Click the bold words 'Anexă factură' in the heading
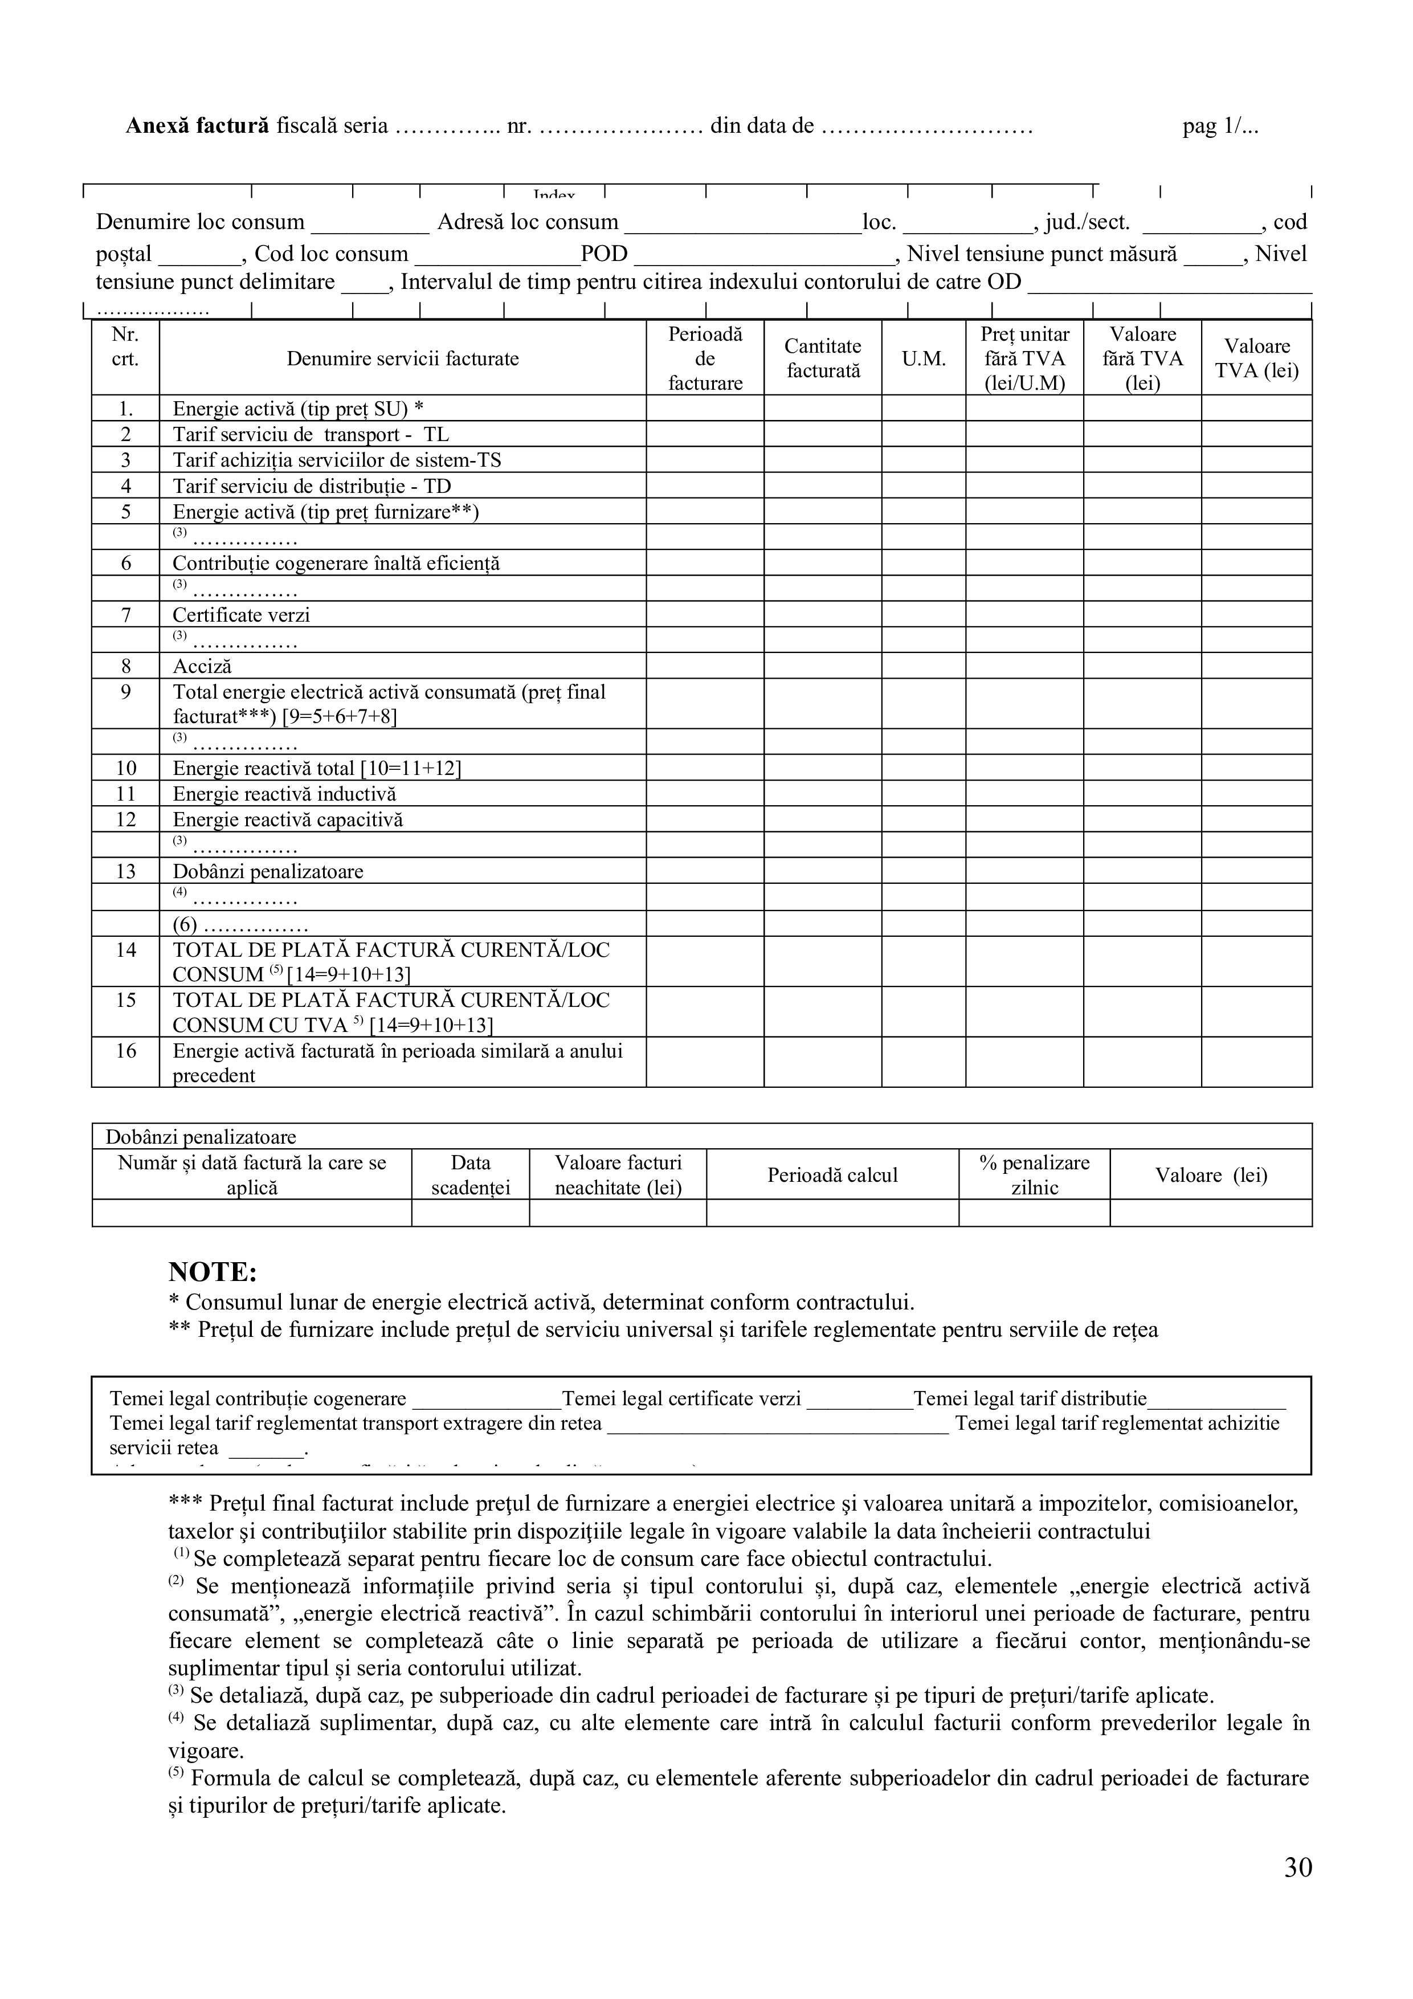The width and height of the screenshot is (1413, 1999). (198, 127)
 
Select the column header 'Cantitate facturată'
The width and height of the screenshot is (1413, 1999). (823, 358)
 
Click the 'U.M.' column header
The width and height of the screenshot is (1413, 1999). (923, 358)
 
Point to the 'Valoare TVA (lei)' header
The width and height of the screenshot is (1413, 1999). (1256, 358)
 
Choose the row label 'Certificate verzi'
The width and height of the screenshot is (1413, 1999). (241, 615)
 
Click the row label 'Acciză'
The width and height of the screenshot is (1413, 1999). (202, 666)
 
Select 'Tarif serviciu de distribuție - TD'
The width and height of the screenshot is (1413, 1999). (312, 486)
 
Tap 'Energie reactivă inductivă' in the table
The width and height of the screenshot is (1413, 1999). (284, 793)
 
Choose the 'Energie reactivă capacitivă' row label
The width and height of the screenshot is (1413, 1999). (287, 819)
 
